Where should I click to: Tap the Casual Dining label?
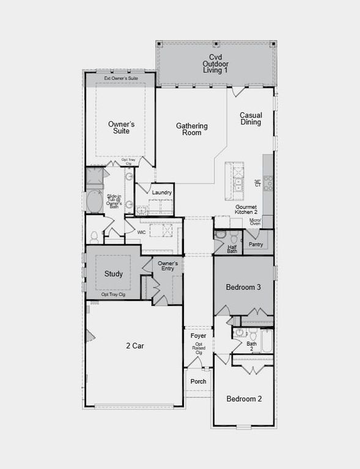coord(251,118)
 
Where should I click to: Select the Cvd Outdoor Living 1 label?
coord(215,64)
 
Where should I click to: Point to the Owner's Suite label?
coord(121,128)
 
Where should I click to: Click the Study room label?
coord(113,274)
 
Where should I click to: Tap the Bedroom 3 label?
coord(243,287)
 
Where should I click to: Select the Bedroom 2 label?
coord(244,399)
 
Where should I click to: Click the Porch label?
coord(198,382)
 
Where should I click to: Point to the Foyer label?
coord(198,336)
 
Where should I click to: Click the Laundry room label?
coord(162,192)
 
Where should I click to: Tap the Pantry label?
coord(255,244)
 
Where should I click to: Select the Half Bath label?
coord(232,249)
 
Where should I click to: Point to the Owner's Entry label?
coord(167,266)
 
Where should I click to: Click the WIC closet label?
coord(141,232)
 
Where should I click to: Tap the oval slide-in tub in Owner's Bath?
coord(95,202)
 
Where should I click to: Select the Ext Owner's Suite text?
coord(120,79)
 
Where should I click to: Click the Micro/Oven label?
coord(255,222)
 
